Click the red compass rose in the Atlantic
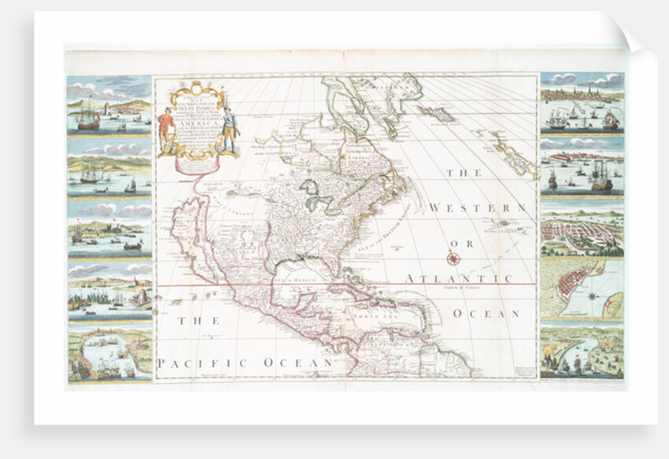tap(453, 258)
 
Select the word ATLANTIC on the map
tap(459, 279)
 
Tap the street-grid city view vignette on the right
tap(582, 230)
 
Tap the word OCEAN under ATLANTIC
tap(486, 314)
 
